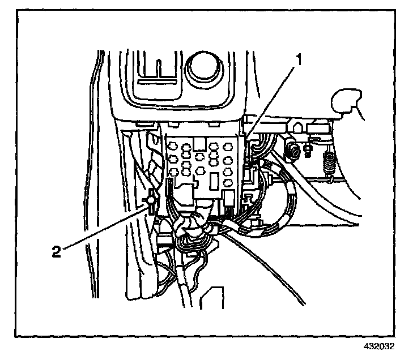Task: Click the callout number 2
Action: (x=56, y=251)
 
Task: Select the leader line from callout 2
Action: (x=102, y=226)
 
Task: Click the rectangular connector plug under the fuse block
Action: (x=229, y=198)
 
